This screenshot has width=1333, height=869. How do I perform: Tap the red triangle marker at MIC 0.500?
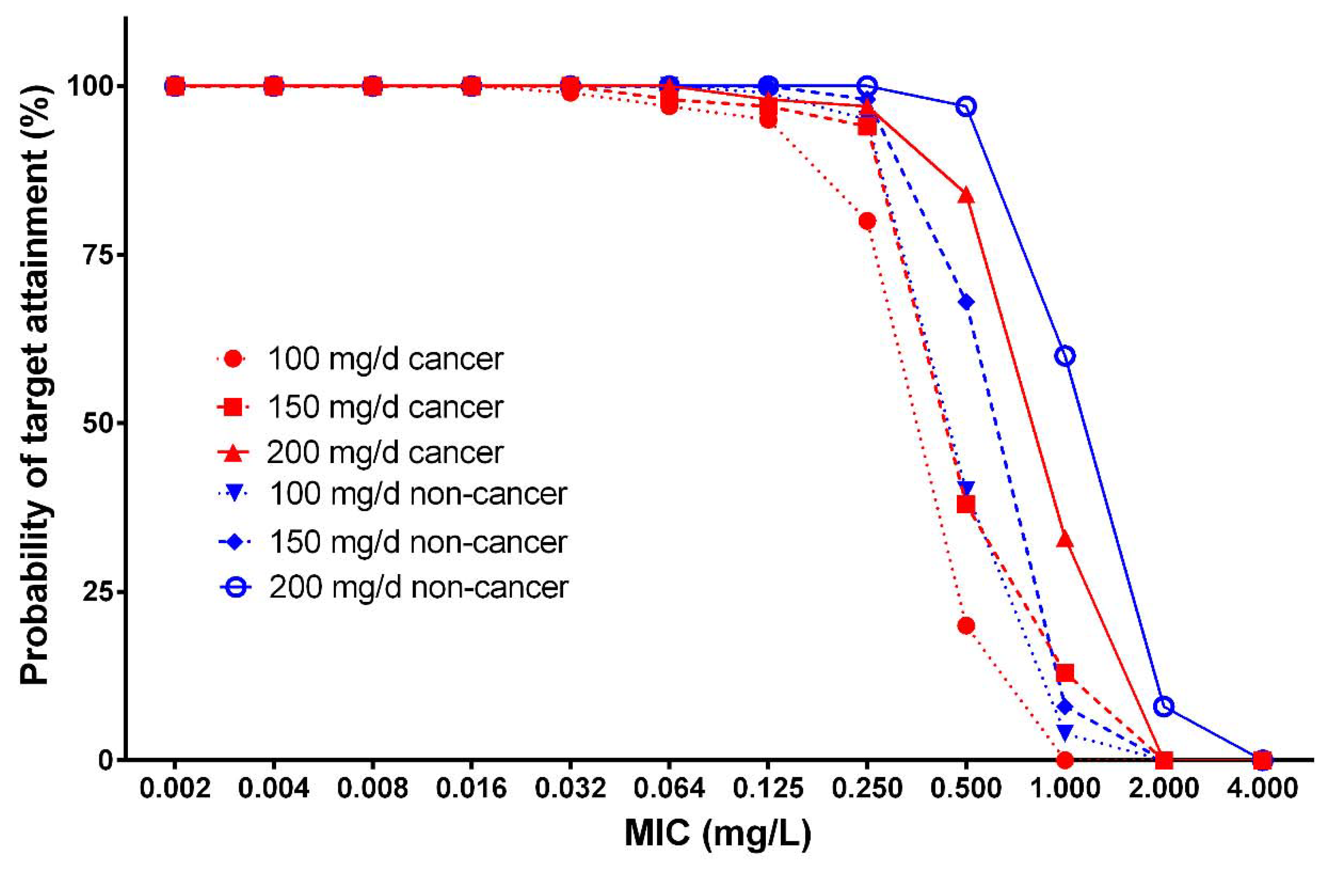tap(966, 196)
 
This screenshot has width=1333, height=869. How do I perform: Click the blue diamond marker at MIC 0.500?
tap(966, 302)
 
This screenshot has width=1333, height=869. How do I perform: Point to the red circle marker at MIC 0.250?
tap(867, 221)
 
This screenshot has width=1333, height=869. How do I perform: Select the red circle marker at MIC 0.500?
tap(966, 625)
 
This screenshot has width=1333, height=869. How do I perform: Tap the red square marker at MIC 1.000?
tap(1065, 672)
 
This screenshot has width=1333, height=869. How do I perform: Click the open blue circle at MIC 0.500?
tap(966, 106)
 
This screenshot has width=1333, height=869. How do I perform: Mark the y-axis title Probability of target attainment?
tap(35, 386)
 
